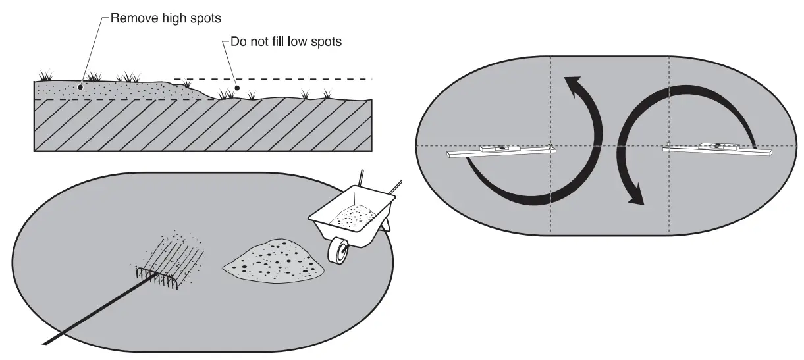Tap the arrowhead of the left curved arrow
[x=572, y=88]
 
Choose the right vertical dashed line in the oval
[x=669, y=197]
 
